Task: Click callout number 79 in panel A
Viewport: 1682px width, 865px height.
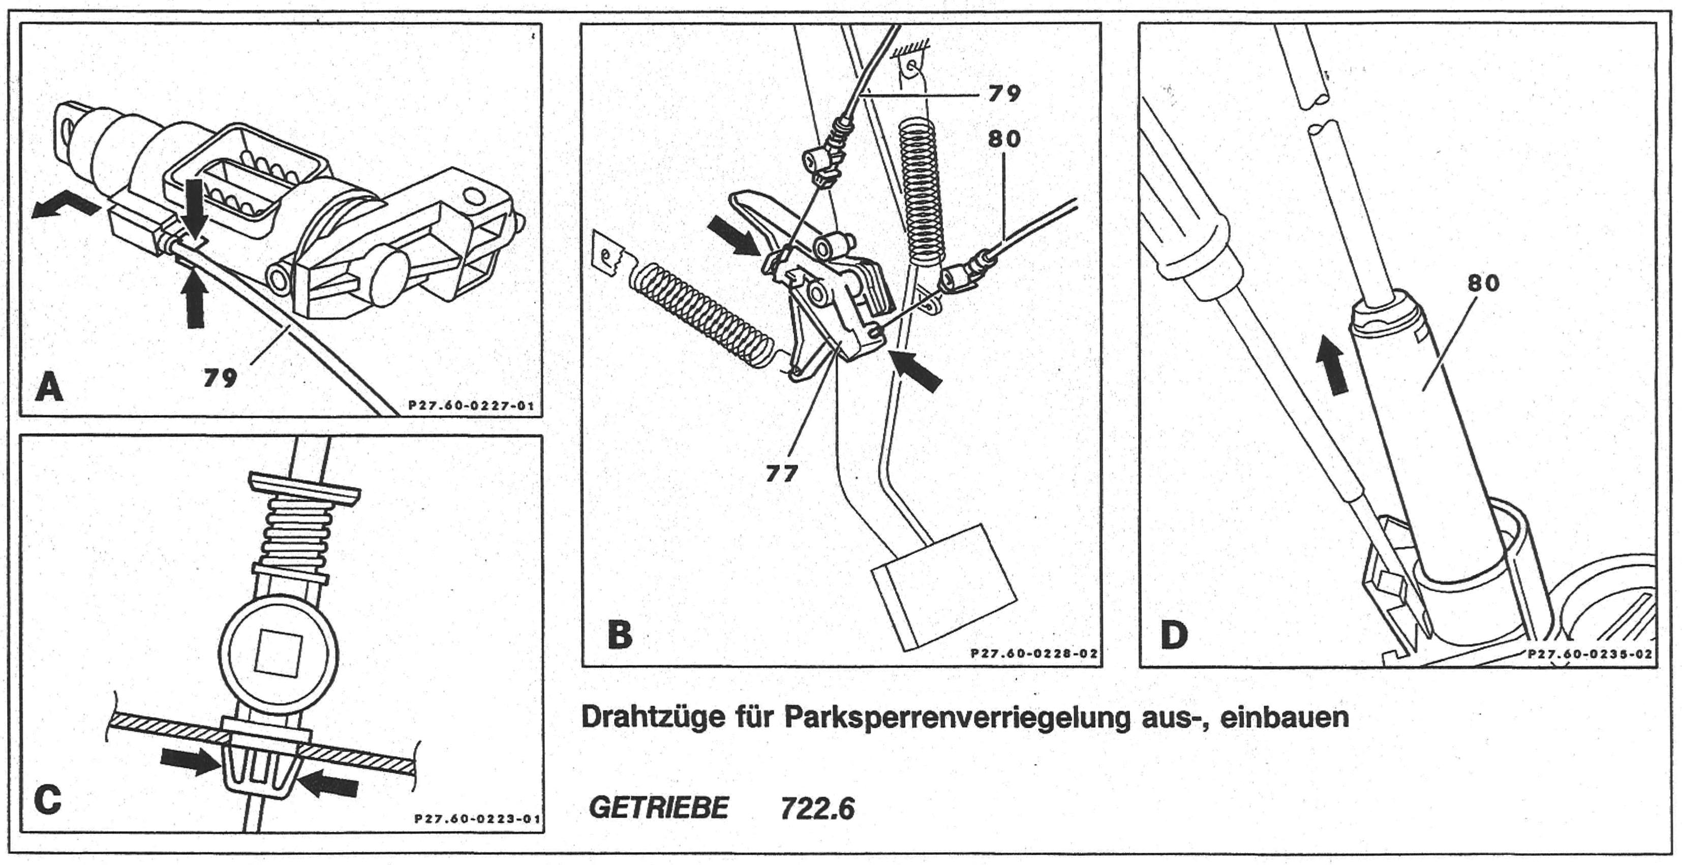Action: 220,377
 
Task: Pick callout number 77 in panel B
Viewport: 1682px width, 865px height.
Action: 782,473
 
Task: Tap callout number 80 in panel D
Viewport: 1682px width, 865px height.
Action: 1483,283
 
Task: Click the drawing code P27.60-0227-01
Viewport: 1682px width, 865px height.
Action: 471,406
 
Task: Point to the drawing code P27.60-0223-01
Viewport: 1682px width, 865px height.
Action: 477,819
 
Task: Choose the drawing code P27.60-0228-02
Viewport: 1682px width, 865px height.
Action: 1033,654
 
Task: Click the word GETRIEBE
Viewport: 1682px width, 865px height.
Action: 658,808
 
